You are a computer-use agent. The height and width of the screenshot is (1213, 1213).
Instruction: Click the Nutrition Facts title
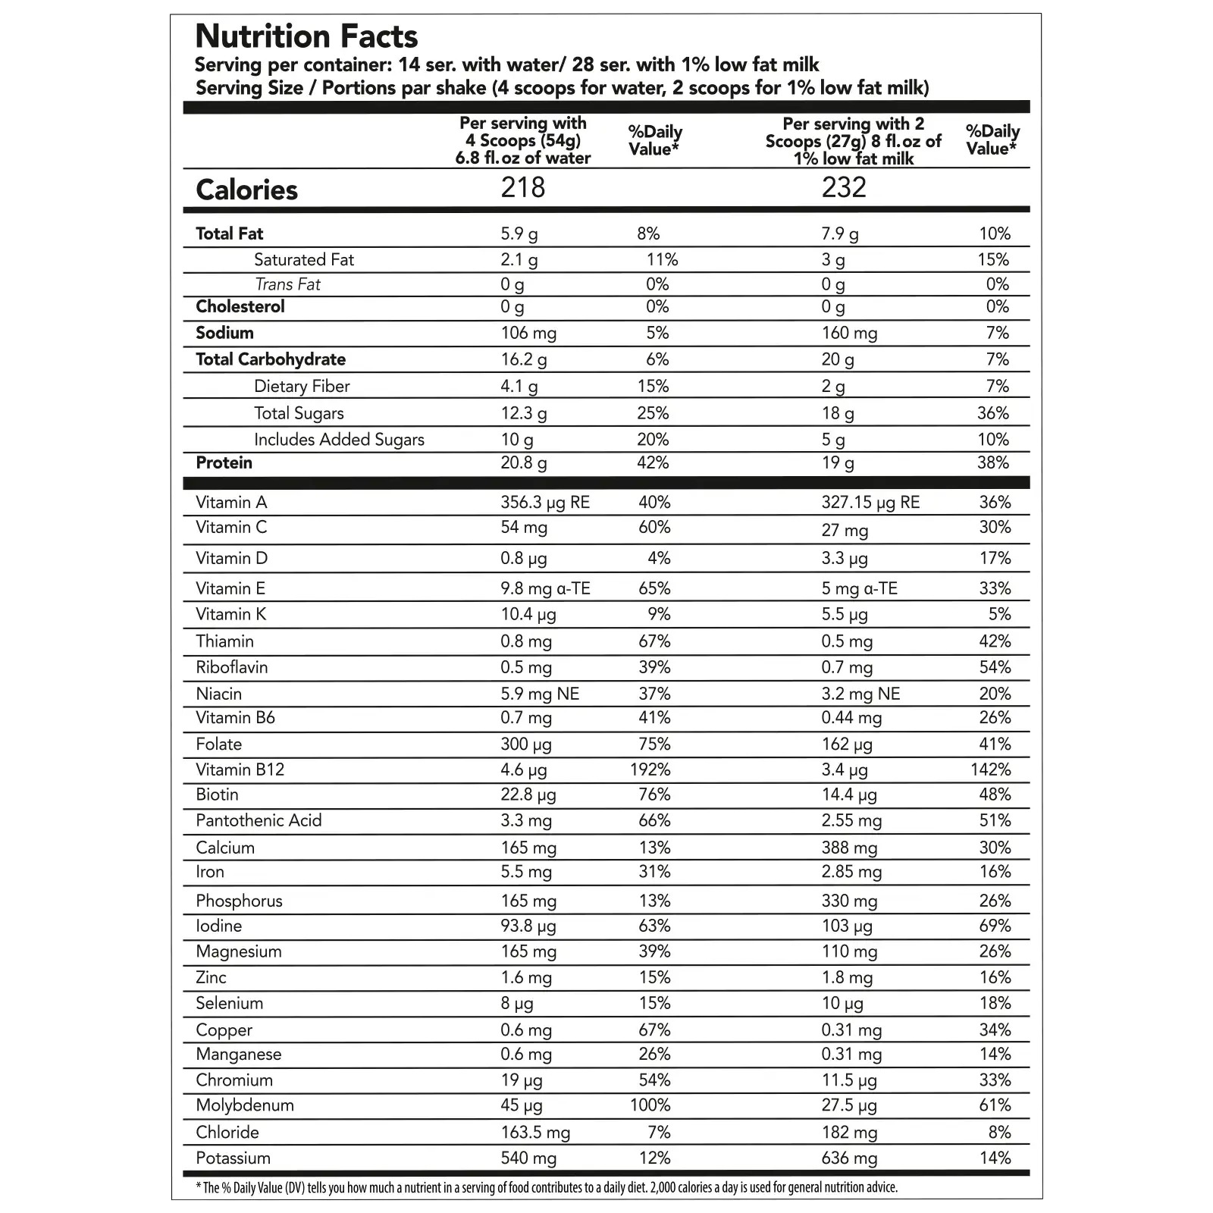coord(306,36)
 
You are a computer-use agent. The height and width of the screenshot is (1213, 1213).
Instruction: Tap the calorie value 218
coord(522,187)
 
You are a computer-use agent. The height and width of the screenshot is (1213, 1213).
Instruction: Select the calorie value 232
coord(843,187)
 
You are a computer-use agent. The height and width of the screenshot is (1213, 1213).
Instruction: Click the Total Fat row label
coord(229,234)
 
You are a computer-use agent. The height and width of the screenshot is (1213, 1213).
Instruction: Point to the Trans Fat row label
coord(287,284)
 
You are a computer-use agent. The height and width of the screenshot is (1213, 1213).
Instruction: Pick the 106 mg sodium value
coord(528,333)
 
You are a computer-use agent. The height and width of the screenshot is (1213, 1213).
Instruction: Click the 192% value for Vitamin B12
coord(650,769)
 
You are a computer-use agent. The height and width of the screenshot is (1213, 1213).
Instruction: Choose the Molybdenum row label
coord(244,1105)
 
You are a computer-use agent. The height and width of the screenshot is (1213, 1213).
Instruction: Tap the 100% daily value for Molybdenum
coord(650,1105)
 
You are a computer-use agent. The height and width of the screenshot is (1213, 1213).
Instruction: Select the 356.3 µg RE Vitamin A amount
coord(544,503)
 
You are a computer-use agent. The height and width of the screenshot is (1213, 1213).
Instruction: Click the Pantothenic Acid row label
coord(259,820)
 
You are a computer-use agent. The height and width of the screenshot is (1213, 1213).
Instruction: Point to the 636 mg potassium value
coord(849,1158)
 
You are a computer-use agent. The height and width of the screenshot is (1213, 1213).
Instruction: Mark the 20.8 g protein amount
coord(523,463)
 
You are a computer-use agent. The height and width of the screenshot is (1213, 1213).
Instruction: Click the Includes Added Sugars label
coord(339,440)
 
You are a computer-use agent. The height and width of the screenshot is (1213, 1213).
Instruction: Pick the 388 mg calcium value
coord(849,848)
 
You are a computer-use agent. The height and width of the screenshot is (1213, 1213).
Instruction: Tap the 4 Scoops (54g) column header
coord(522,140)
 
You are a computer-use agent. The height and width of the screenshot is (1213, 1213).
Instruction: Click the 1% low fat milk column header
coord(853,141)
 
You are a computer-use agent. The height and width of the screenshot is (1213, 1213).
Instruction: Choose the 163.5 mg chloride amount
coord(535,1133)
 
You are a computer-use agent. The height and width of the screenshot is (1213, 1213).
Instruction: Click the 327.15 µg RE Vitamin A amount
coord(870,503)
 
